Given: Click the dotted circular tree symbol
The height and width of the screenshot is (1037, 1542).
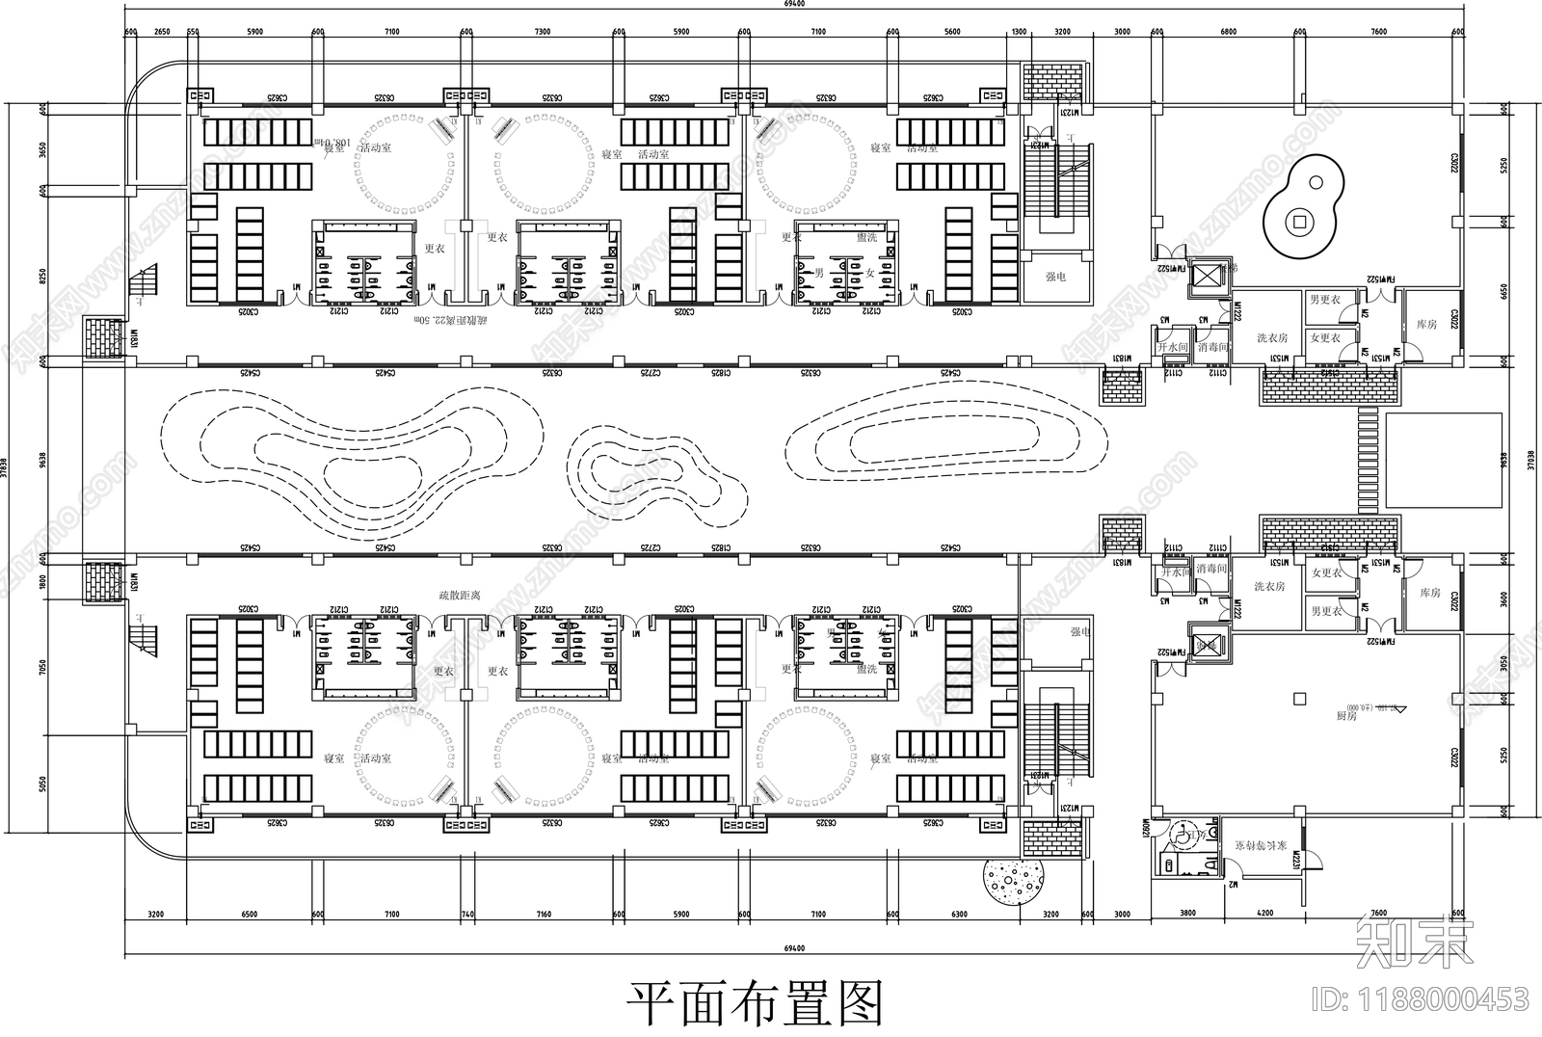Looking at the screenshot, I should (1014, 881).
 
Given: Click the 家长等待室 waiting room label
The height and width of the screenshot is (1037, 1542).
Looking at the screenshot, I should (1260, 845).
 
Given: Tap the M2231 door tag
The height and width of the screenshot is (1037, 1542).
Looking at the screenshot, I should (1297, 860).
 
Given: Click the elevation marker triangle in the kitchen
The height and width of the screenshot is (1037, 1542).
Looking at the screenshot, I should (1400, 709).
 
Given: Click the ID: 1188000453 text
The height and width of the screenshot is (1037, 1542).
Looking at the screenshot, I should (1425, 999).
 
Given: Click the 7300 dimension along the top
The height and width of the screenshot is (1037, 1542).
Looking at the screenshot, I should (542, 32).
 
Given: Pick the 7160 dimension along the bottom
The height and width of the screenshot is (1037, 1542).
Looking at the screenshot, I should (544, 914).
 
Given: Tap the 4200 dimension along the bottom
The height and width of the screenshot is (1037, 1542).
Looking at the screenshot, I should (1263, 914).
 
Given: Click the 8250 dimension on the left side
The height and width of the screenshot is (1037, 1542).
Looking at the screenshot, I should (42, 276).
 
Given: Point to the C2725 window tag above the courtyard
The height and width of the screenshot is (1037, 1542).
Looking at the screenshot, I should (652, 372).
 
